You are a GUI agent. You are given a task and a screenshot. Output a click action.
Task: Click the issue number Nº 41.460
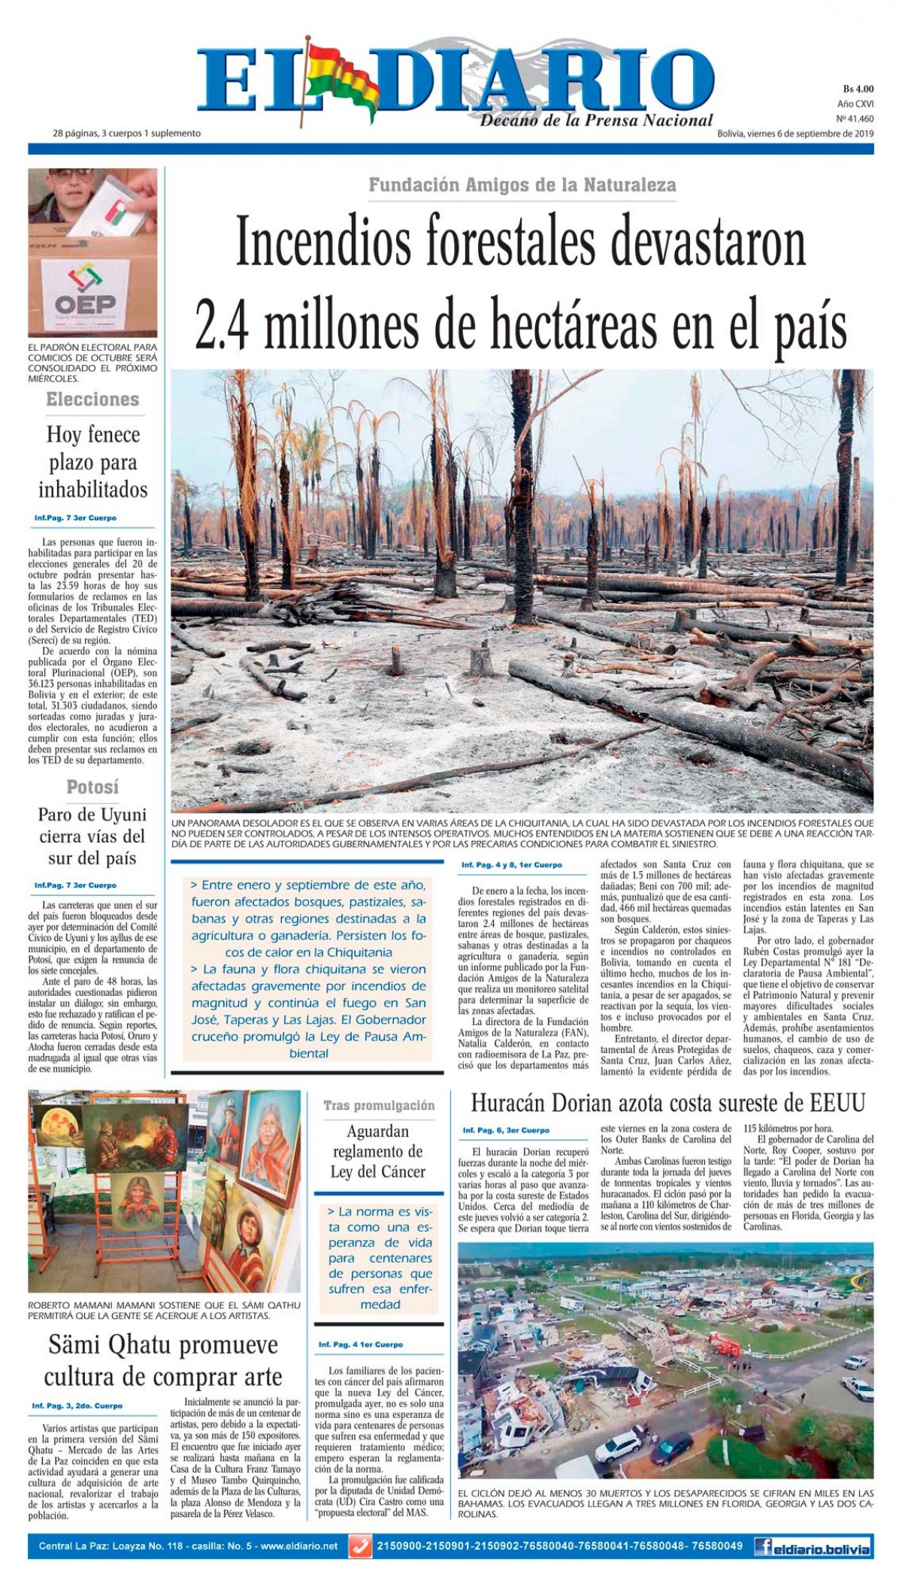[855, 119]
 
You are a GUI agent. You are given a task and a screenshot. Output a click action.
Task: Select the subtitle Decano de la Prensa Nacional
[596, 120]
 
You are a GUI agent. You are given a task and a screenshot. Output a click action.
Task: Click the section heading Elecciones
[92, 400]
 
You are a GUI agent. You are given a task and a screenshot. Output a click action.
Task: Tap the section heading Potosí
[92, 788]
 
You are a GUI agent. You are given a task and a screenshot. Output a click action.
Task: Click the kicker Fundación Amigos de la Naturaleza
[522, 185]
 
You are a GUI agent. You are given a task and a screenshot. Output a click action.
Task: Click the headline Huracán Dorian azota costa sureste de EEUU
[667, 1103]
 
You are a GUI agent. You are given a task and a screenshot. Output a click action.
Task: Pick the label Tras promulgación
[379, 1106]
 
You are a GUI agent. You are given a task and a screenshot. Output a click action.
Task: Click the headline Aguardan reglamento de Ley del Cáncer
[378, 1151]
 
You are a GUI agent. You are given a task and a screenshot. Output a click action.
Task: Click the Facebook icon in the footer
[764, 1546]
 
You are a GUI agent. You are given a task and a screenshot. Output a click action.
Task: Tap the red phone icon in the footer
[361, 1546]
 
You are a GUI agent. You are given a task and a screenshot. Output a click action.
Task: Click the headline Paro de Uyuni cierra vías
[92, 837]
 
